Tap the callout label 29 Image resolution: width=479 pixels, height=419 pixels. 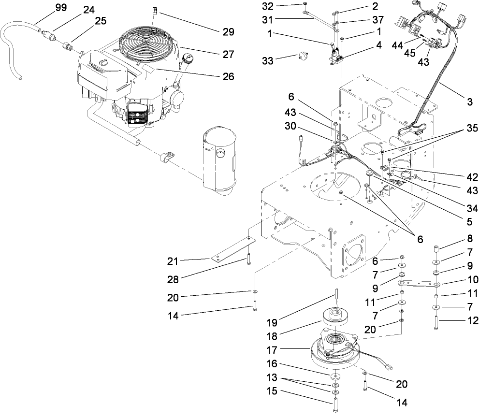(228, 32)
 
